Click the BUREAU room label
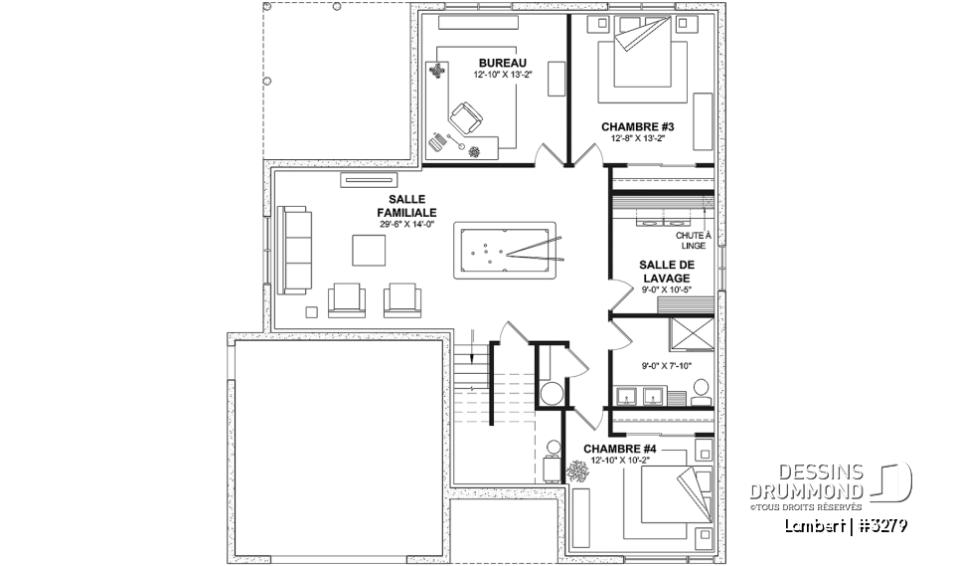(x=502, y=64)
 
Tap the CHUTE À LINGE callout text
(x=692, y=240)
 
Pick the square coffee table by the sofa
(x=368, y=250)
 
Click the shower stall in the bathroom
(x=692, y=334)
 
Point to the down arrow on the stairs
(x=472, y=351)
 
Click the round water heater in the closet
(x=551, y=393)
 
